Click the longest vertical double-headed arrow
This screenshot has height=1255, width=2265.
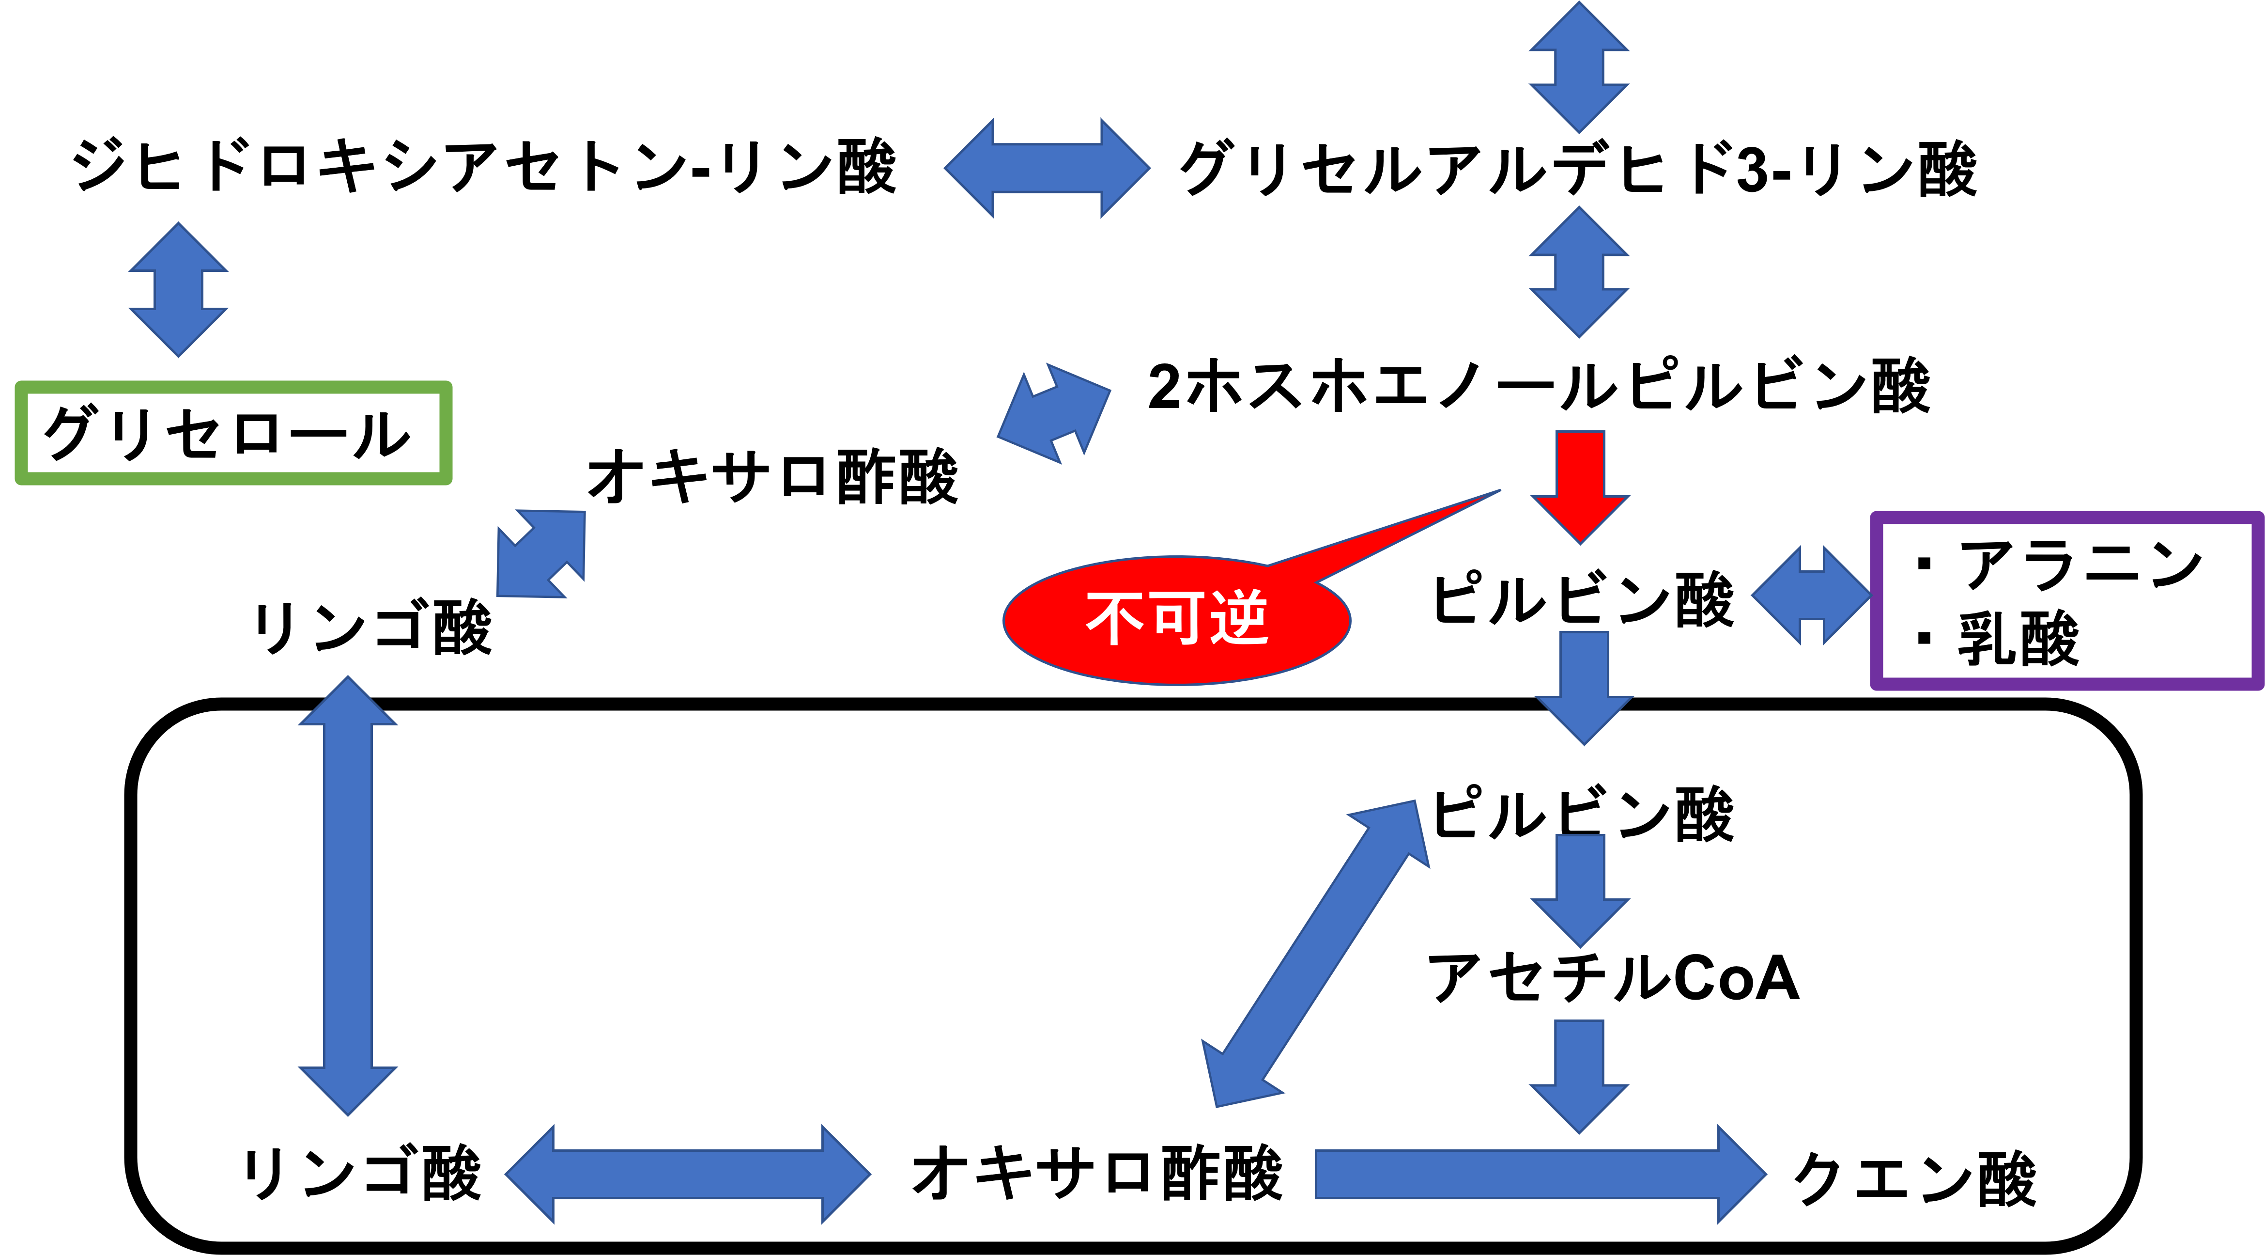click(348, 895)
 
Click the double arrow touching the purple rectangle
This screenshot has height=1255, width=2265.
click(1810, 596)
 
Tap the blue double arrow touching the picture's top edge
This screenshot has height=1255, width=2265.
click(1579, 68)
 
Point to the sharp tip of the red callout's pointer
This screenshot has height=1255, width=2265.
click(1499, 491)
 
